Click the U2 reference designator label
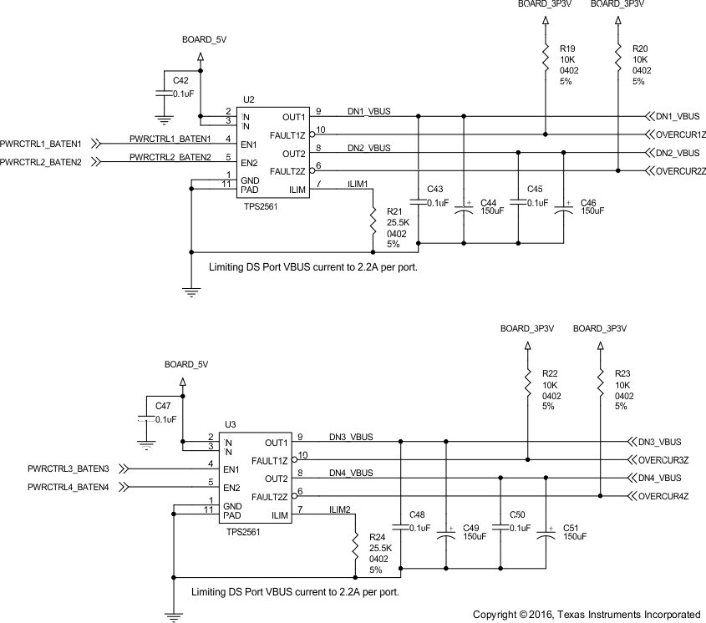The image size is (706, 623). (248, 99)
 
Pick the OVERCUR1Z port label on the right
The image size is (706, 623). (681, 134)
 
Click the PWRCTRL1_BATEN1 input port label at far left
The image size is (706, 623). (41, 144)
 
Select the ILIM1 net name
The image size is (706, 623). (357, 183)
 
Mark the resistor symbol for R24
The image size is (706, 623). (357, 546)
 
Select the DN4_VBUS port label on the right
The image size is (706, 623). (659, 478)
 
